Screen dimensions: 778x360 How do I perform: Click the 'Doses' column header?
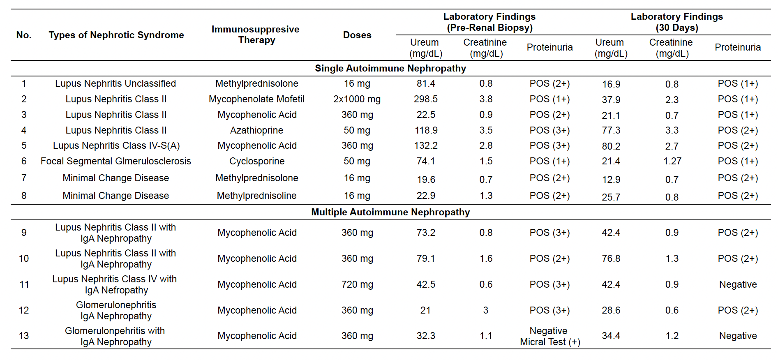click(357, 35)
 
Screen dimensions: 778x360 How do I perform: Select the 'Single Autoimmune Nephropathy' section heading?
click(390, 68)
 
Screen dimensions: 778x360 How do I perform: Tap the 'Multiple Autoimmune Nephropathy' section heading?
click(390, 212)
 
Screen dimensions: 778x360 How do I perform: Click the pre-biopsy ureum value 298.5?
click(426, 99)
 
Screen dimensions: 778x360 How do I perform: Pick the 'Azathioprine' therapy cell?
click(257, 130)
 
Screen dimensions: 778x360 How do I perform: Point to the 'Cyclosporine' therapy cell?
click(257, 161)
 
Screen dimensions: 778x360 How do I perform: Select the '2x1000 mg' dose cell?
click(357, 99)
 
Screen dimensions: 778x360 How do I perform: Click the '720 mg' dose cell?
click(357, 284)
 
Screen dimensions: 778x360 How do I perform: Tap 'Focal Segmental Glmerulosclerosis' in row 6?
click(116, 161)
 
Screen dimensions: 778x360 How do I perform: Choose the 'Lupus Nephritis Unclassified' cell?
click(115, 83)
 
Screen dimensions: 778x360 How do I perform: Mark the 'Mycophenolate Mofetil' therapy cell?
click(257, 99)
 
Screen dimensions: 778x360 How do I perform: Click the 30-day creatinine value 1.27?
click(672, 161)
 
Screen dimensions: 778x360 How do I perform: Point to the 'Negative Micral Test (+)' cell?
click(550, 336)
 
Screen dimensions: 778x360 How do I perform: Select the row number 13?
click(24, 336)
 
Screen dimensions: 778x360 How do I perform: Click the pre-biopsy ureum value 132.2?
click(426, 145)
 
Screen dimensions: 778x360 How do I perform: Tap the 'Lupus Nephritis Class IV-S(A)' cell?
click(116, 145)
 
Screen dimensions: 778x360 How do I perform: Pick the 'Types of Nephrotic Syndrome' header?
click(116, 35)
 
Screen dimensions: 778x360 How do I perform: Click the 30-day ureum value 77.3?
click(611, 130)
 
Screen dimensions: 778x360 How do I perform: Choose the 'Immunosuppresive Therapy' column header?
click(256, 35)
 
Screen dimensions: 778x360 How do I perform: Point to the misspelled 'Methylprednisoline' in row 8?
click(257, 196)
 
